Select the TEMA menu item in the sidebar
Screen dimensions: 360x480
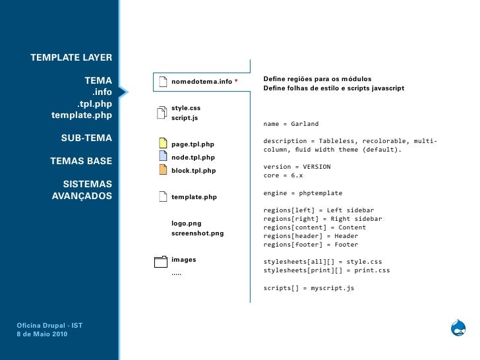click(98, 81)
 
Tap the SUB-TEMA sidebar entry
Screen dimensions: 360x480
click(86, 138)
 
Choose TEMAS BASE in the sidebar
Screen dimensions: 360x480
click(81, 161)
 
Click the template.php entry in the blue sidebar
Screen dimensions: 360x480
click(81, 116)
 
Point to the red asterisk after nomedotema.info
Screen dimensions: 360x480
click(236, 82)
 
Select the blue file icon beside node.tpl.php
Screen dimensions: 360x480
click(162, 157)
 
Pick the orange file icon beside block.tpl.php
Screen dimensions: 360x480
click(162, 170)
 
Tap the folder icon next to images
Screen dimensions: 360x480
click(160, 262)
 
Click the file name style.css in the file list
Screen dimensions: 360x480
click(186, 107)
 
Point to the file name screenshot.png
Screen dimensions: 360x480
click(197, 233)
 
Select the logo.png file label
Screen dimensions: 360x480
click(187, 223)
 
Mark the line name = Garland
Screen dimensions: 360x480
click(291, 124)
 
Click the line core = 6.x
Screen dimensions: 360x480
click(283, 176)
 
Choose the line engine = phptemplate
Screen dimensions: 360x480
click(303, 193)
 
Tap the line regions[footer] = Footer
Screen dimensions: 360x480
click(311, 245)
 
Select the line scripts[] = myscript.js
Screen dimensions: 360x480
click(309, 288)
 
